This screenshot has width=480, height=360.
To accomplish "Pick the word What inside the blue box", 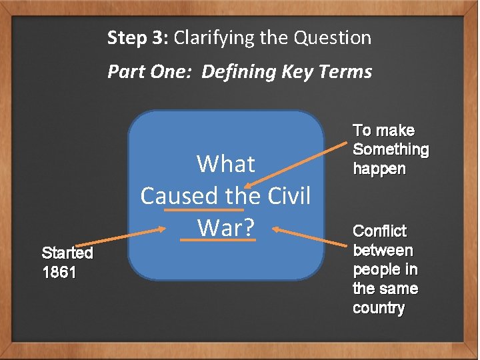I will tap(226, 164).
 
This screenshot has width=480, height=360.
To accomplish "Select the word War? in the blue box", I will tap(226, 228).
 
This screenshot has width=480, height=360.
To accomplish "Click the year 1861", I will tap(59, 273).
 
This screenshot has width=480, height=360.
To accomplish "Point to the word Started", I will tap(67, 253).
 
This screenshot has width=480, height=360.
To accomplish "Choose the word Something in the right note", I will tap(391, 149).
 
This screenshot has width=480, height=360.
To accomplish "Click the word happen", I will tap(379, 169).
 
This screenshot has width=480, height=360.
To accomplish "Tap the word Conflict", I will tap(379, 231).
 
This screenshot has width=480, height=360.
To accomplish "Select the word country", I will tap(379, 308).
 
